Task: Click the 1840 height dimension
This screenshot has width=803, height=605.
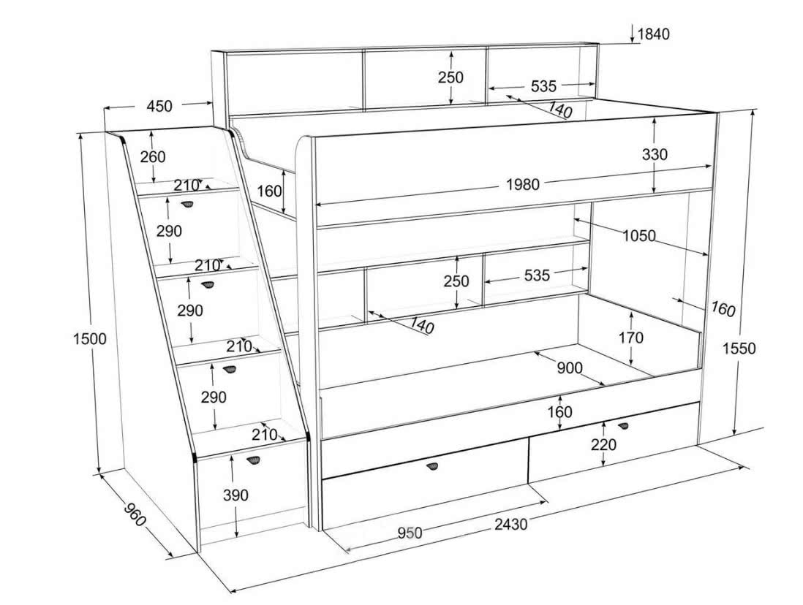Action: (x=653, y=34)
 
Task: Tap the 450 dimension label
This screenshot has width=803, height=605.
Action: (x=159, y=106)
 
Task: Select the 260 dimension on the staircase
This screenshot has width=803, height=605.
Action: (x=153, y=156)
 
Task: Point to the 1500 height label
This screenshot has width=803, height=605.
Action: (x=90, y=339)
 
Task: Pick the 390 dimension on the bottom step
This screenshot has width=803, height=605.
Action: (x=235, y=495)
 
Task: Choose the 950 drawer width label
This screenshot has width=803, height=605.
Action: (x=410, y=533)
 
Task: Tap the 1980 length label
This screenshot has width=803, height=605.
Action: (x=523, y=184)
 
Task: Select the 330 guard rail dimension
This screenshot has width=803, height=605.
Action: (x=655, y=154)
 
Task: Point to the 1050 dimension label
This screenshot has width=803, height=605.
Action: (x=639, y=235)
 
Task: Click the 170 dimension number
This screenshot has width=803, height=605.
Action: (x=631, y=338)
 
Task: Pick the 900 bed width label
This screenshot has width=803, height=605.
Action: (x=570, y=368)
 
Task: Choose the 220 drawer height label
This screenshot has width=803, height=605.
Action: (x=603, y=444)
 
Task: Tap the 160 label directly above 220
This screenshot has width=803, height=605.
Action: (x=559, y=412)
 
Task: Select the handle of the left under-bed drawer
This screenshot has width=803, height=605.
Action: (x=434, y=466)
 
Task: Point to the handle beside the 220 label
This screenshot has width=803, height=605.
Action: (x=622, y=425)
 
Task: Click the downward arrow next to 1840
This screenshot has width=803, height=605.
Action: (x=631, y=34)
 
